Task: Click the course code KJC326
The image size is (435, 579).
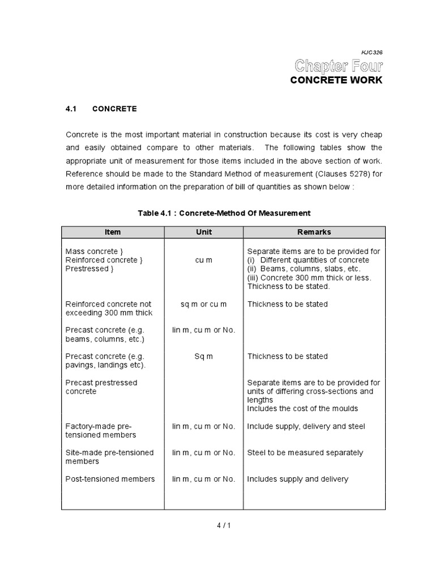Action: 371,52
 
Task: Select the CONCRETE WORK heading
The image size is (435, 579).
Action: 336,80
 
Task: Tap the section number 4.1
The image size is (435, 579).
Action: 71,109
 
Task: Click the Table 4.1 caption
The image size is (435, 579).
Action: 224,213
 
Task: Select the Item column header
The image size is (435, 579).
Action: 113,232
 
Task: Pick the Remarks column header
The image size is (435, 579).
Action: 314,232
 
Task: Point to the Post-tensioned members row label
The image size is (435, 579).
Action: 110,479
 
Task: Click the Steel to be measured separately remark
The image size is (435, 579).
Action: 305,452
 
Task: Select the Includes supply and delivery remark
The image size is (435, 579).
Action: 297,479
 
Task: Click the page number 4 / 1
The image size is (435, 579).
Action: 223,525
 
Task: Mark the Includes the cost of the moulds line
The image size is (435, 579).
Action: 302,408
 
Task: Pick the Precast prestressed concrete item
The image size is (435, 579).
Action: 101,387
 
